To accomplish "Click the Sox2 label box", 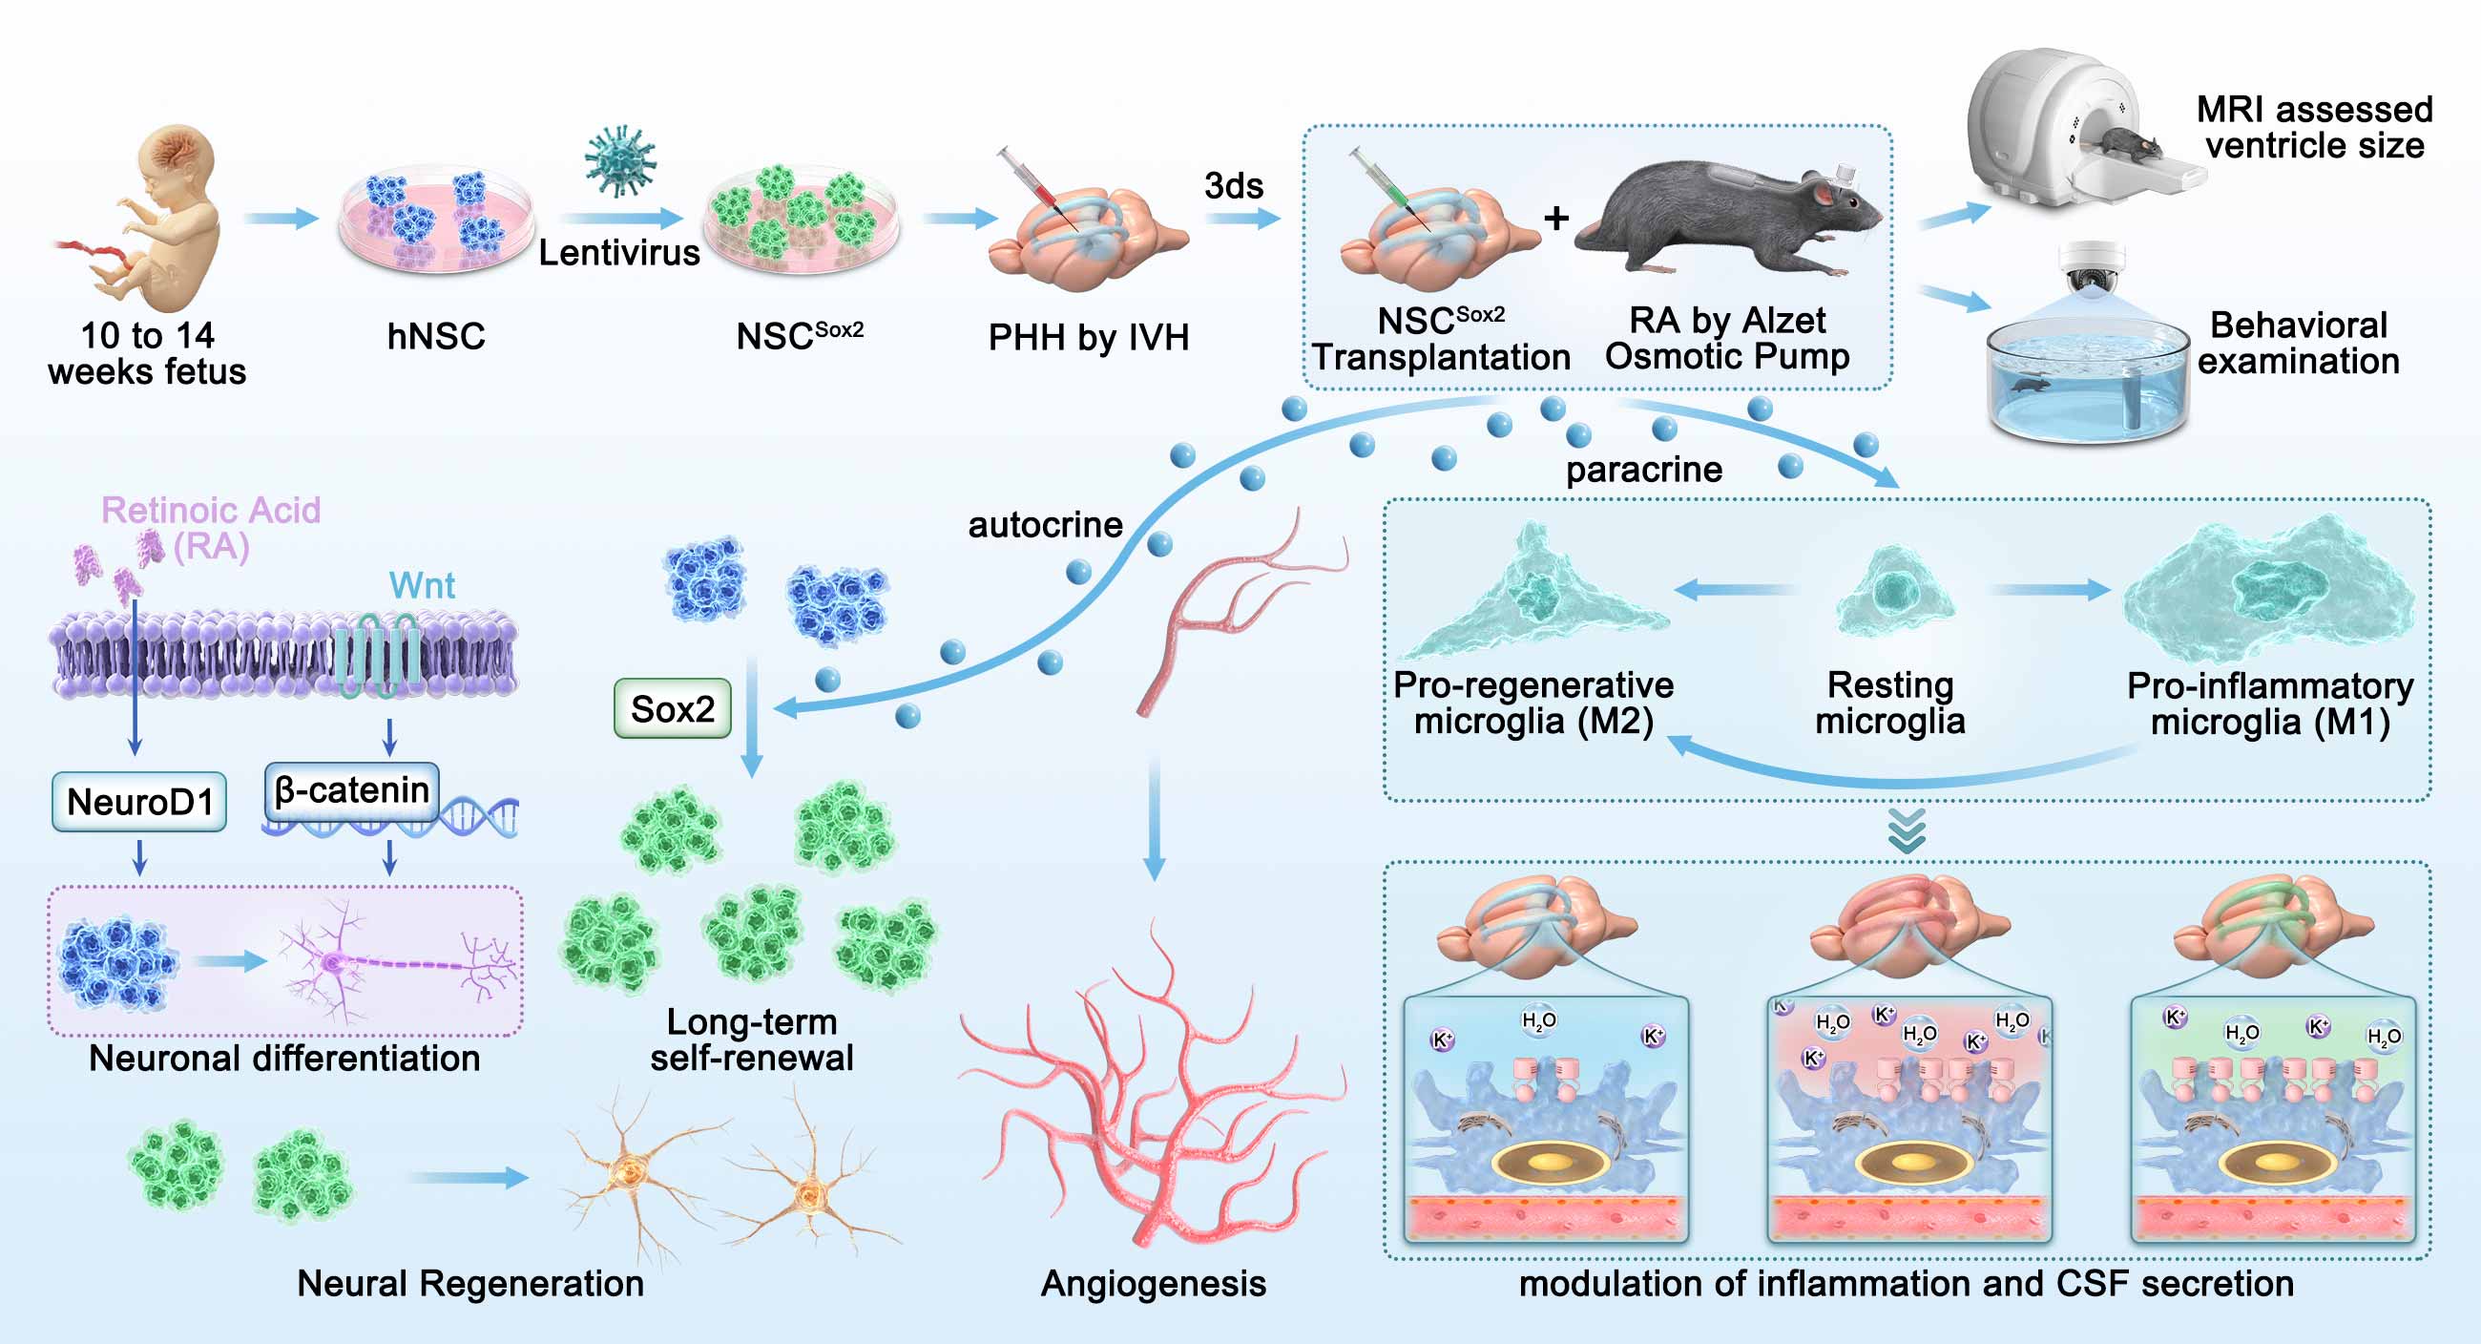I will pyautogui.click(x=673, y=709).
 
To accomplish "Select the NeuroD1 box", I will pyautogui.click(x=139, y=802).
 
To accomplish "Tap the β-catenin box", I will pyautogui.click(x=351, y=791).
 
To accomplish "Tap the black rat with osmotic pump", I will pyautogui.click(x=1734, y=217).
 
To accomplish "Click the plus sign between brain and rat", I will pyautogui.click(x=1555, y=219).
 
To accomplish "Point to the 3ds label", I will pyautogui.click(x=1234, y=185).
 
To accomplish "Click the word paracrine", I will pyautogui.click(x=1644, y=470).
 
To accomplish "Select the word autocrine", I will pyautogui.click(x=1045, y=525).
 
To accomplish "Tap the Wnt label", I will pyautogui.click(x=422, y=585).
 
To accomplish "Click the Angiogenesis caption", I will pyautogui.click(x=1153, y=1283).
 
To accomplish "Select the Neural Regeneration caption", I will pyautogui.click(x=470, y=1283).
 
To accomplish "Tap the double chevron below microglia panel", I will pyautogui.click(x=1907, y=830).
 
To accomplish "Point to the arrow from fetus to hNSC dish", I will pyautogui.click(x=281, y=219).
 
